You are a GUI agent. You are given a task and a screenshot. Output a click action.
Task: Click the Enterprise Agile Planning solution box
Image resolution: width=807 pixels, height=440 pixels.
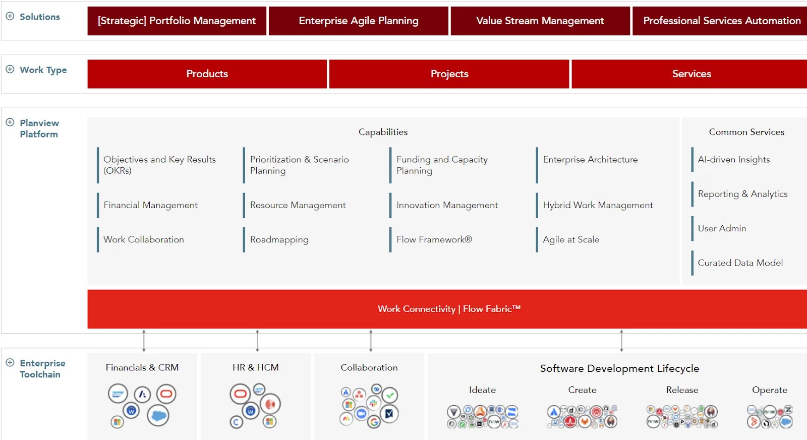[359, 21]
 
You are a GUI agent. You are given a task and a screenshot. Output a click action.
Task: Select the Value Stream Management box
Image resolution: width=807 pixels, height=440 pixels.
[540, 21]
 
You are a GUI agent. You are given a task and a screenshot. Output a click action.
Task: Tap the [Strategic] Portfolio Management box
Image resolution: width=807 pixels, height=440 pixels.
[177, 21]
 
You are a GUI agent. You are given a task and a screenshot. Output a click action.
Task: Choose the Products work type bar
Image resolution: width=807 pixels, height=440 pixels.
[207, 74]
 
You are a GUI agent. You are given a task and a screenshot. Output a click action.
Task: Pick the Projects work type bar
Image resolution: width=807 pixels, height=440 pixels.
[449, 74]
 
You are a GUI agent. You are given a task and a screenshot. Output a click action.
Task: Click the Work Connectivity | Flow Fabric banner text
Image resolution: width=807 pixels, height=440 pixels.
[449, 309]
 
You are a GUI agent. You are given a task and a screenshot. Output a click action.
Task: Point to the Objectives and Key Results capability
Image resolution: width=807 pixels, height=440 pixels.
[159, 165]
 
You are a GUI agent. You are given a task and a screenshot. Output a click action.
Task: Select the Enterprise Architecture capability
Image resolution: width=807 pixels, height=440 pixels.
[590, 160]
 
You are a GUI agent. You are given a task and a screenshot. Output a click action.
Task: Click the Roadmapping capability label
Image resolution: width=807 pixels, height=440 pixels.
[279, 240]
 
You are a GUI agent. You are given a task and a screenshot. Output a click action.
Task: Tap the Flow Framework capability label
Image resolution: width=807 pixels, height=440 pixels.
[434, 239]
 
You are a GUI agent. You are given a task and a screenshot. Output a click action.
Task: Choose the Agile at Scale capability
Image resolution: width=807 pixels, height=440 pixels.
[571, 239]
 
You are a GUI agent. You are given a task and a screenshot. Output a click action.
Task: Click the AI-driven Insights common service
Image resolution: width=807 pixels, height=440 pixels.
[734, 160]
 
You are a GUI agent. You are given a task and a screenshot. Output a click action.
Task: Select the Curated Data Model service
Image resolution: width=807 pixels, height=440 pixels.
[740, 263]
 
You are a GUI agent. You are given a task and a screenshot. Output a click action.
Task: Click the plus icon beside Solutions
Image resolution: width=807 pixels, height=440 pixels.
[10, 16]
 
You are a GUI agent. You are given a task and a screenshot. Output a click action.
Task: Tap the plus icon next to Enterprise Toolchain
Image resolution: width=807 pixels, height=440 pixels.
[10, 363]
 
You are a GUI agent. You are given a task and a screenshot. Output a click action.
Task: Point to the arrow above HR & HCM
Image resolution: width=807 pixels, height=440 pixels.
[257, 340]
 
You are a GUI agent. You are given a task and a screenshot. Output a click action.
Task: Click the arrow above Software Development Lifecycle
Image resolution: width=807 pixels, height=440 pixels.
[621, 340]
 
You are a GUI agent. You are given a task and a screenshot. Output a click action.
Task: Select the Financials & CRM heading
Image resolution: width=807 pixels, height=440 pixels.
[142, 368]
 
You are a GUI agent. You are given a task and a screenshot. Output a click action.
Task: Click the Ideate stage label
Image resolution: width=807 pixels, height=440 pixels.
[482, 390]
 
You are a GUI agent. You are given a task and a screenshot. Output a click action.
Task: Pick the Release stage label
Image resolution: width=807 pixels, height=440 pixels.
[682, 390]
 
